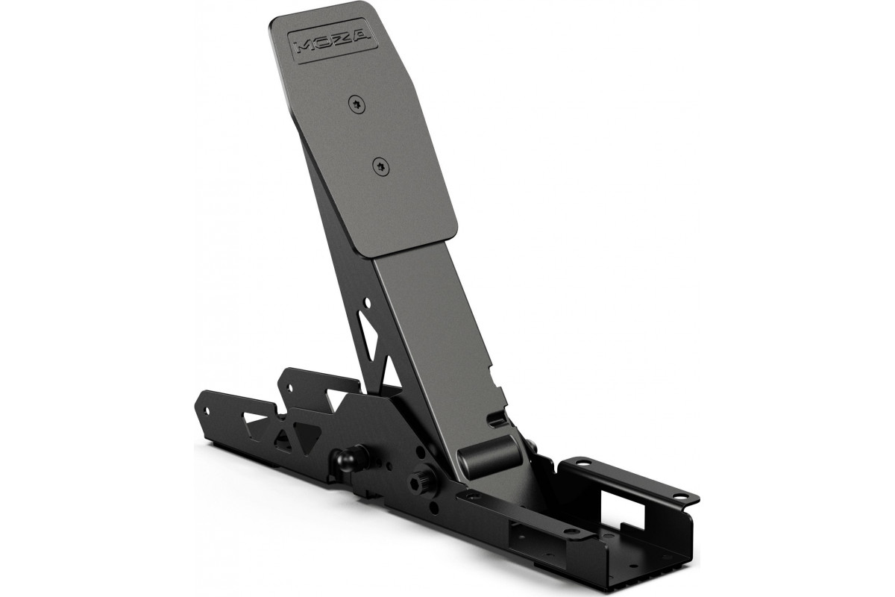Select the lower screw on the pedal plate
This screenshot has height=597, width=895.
click(381, 166)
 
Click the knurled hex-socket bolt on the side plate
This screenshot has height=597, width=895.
click(423, 478)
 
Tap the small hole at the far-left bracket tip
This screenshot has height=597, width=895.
click(207, 410)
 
